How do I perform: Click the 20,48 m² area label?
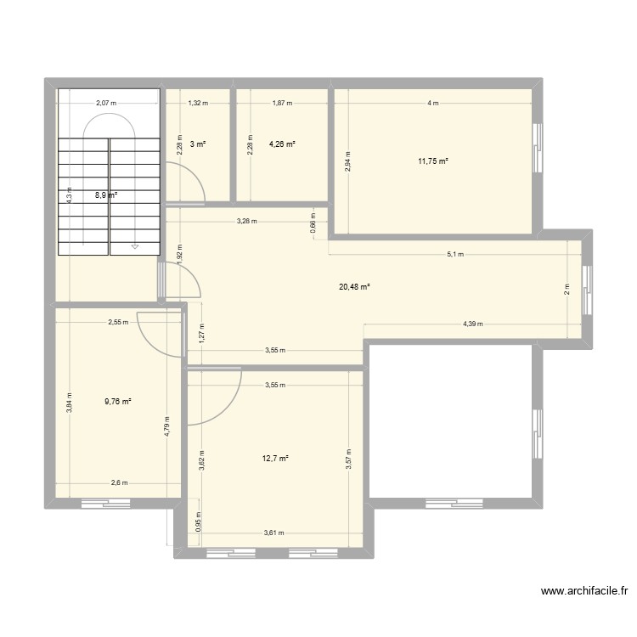354,287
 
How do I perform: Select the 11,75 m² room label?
432,161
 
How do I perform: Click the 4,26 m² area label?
282,144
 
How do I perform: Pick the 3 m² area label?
197,144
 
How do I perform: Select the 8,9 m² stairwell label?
105,194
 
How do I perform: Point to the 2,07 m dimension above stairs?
106,103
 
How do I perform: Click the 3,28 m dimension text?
247,222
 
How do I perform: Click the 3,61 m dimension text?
273,533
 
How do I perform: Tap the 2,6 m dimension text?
118,482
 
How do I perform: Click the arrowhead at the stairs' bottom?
134,247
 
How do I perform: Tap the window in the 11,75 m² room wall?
536,148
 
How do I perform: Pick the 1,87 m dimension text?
281,103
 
